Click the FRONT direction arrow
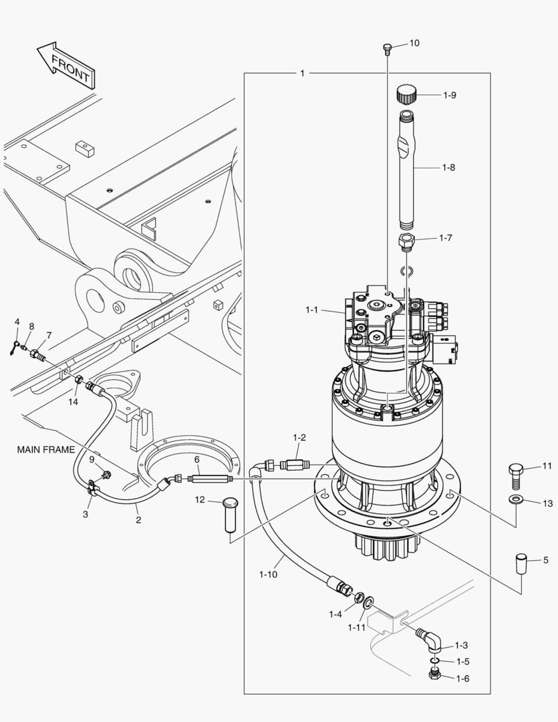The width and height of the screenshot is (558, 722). (65, 65)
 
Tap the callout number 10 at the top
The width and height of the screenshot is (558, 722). (414, 43)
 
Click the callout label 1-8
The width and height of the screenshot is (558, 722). (448, 168)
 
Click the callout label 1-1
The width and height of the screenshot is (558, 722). (312, 310)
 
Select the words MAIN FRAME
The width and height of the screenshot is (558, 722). (46, 450)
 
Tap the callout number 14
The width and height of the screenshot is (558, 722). (73, 402)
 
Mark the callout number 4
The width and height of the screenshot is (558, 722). (17, 322)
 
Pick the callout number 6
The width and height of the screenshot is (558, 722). (197, 459)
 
